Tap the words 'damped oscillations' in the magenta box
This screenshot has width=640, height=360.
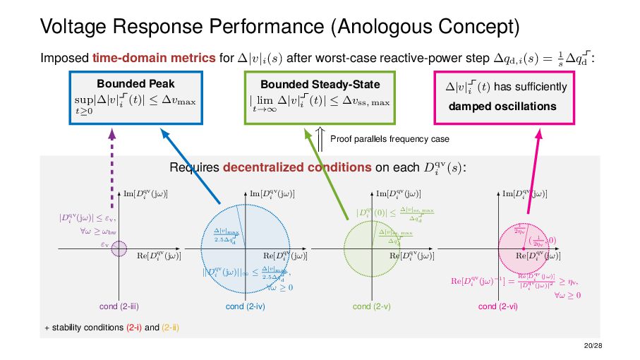tap(502, 107)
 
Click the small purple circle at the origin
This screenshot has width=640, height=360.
tap(119, 248)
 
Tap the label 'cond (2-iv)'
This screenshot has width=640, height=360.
tap(245, 307)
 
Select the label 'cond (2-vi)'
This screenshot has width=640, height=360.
tap(497, 307)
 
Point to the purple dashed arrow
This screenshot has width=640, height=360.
tap(113, 162)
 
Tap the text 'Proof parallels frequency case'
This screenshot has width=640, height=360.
tap(390, 139)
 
